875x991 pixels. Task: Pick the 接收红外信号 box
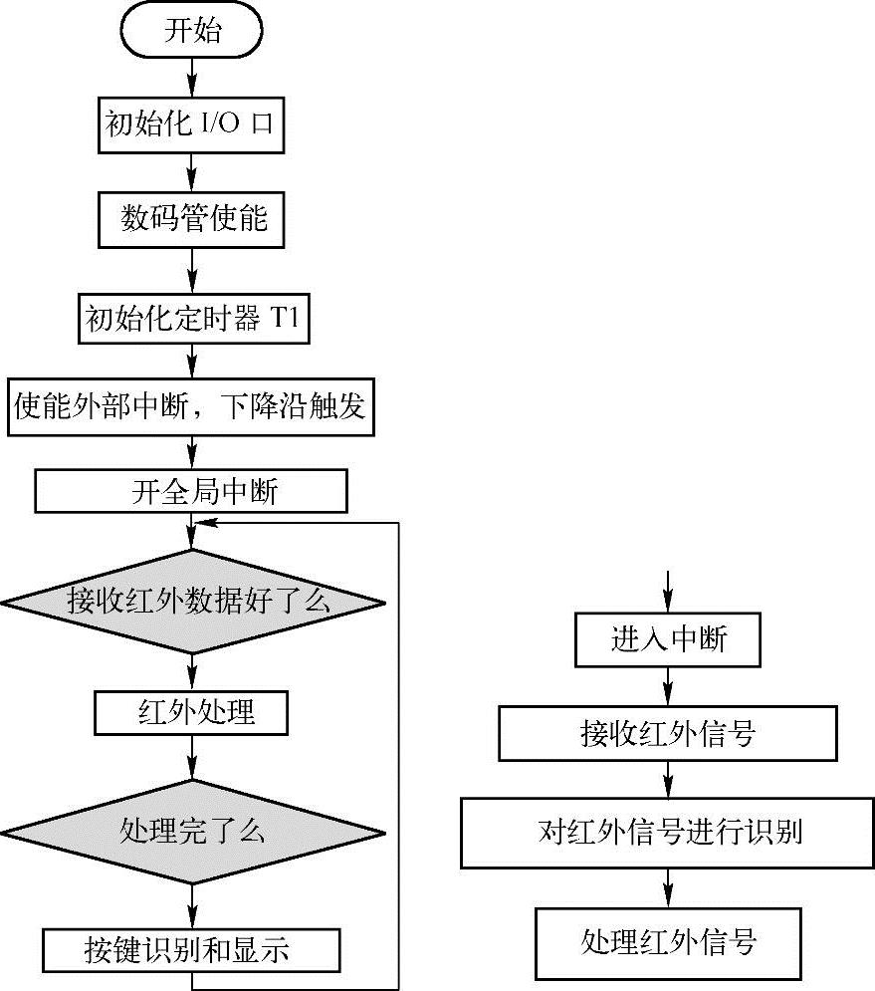coord(668,735)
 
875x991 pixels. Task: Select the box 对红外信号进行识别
coord(668,832)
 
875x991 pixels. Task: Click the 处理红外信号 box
coord(668,941)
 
